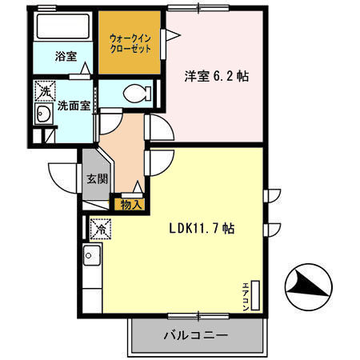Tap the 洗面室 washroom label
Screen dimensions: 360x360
click(x=73, y=106)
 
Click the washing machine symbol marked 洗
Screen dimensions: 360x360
click(x=44, y=91)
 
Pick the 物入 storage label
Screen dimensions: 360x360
click(x=130, y=205)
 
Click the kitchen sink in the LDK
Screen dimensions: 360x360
click(x=91, y=258)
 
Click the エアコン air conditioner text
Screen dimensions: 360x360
click(x=246, y=291)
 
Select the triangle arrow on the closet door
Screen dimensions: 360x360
click(x=169, y=34)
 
